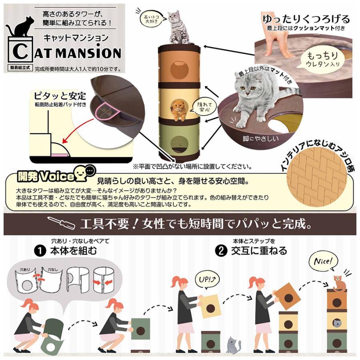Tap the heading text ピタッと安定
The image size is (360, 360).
(60, 96)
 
